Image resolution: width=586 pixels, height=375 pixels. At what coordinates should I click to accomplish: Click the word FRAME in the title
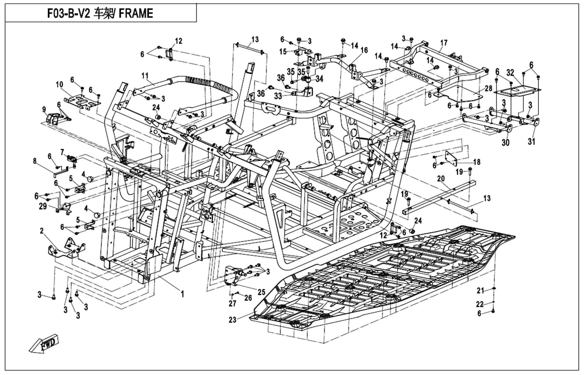(136, 14)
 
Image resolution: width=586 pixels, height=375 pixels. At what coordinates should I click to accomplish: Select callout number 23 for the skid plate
(232, 320)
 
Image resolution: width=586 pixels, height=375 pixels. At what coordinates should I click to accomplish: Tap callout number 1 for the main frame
(182, 294)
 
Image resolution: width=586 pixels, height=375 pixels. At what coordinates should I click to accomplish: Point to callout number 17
(444, 43)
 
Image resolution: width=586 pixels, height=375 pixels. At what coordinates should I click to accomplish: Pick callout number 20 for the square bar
(441, 179)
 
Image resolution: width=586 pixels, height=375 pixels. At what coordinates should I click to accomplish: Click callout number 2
(42, 231)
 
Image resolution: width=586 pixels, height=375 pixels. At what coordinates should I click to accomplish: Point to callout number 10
(59, 85)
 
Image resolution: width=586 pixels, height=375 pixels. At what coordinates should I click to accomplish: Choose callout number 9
(44, 110)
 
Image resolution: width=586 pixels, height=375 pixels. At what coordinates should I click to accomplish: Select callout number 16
(364, 50)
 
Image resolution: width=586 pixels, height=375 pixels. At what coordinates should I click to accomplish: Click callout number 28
(488, 88)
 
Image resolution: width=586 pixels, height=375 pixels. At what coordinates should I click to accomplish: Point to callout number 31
(531, 142)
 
